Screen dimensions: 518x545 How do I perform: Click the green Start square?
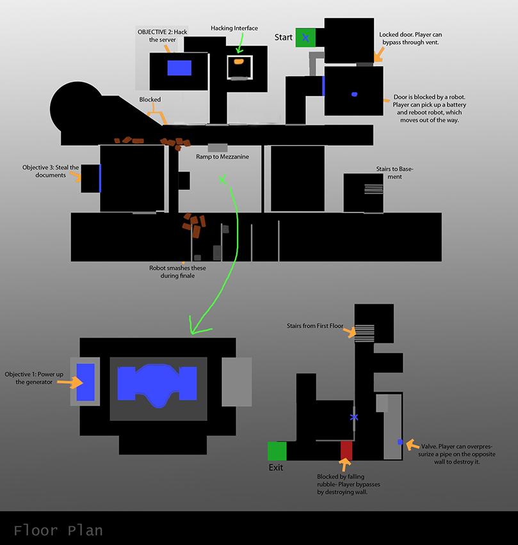coord(305,38)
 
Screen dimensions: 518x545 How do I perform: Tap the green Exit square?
coord(277,451)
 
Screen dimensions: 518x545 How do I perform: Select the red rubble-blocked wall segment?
coord(346,450)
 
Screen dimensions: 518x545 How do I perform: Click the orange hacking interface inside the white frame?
coord(238,62)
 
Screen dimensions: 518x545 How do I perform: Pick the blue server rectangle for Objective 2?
coord(179,68)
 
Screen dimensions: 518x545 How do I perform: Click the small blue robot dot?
coord(354,95)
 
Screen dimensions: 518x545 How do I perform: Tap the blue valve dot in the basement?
coord(400,442)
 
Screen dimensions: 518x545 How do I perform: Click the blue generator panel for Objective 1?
coord(85,382)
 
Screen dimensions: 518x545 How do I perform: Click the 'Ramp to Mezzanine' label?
coord(222,157)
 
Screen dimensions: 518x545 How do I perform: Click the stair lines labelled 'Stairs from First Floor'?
coord(364,331)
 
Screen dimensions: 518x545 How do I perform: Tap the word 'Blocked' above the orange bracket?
coord(150,100)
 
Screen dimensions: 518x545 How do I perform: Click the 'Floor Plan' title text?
coord(58,530)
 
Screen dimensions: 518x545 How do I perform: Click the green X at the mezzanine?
coord(222,180)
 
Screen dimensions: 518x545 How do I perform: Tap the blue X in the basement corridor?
coord(354,417)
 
